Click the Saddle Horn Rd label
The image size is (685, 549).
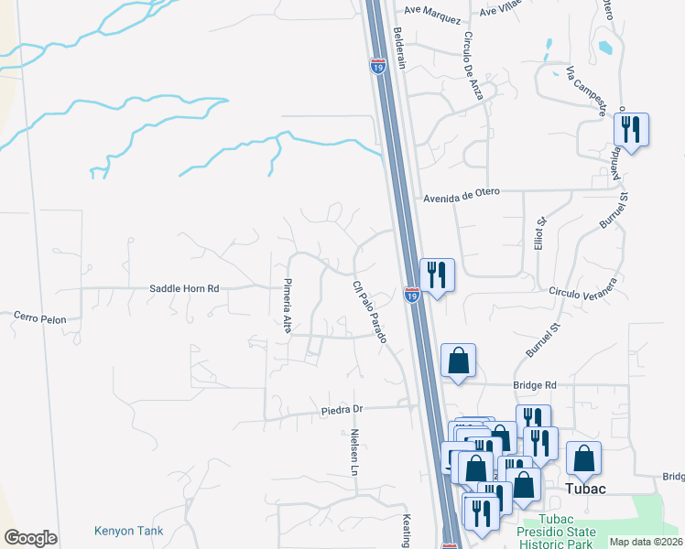(x=184, y=288)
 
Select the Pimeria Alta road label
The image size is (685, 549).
(x=287, y=306)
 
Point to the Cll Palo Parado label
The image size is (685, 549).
(x=369, y=311)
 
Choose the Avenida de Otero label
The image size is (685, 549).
(x=464, y=197)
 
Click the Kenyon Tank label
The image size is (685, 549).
(x=127, y=530)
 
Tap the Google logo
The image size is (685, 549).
(x=30, y=538)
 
